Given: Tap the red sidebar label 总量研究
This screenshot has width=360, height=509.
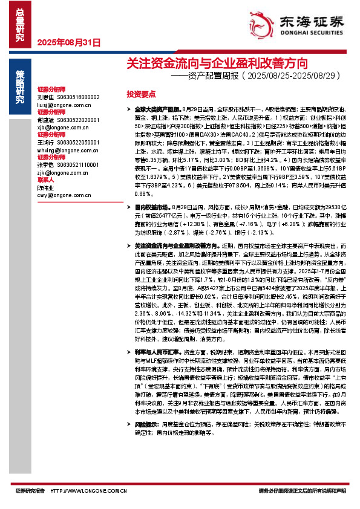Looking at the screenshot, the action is coord(19,22).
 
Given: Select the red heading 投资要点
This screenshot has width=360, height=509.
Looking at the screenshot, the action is coord(140,94).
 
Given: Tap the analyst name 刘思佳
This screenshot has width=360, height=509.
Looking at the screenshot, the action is coord(45,97).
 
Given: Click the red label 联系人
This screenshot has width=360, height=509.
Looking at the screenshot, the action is coord(46,180).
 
